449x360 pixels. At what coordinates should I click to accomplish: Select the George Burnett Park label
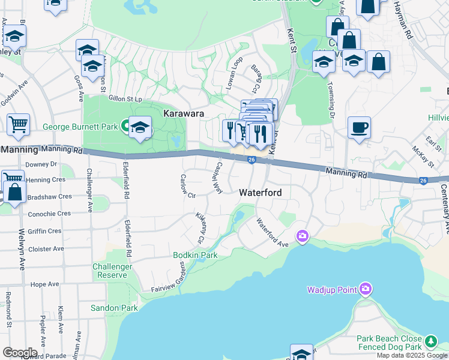tap(80, 127)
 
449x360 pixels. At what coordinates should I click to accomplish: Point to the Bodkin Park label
tap(195, 255)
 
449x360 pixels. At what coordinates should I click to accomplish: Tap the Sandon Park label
tap(114, 308)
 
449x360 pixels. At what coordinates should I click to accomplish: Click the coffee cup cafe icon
tap(359, 127)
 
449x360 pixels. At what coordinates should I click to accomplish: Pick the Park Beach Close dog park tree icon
tap(430, 342)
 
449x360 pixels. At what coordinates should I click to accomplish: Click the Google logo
tap(20, 353)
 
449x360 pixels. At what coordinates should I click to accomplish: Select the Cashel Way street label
tap(216, 178)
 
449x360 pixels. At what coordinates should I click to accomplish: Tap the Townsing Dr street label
tap(331, 97)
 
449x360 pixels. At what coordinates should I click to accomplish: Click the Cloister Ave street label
tap(47, 248)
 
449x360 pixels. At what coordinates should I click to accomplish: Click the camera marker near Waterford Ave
tap(302, 236)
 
